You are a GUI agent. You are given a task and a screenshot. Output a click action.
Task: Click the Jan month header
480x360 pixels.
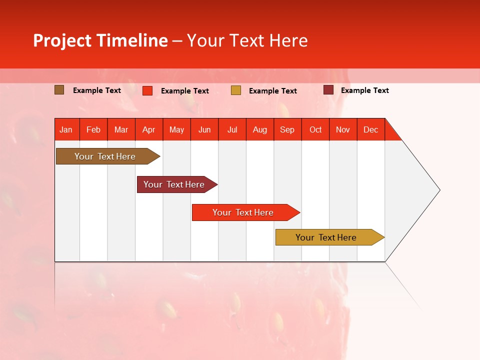[66, 129]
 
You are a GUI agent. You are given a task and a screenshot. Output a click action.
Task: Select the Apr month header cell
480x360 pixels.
[149, 129]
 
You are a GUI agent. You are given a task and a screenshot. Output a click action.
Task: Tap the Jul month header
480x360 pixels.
[232, 129]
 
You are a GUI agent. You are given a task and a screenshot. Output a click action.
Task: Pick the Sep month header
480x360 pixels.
[287, 129]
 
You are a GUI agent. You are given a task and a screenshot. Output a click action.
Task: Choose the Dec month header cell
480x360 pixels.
[370, 129]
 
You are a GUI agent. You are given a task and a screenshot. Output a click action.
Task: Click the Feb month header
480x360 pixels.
[93, 129]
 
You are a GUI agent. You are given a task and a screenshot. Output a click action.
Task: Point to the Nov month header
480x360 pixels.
[343, 129]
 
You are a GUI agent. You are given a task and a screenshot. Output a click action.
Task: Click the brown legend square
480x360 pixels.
[59, 90]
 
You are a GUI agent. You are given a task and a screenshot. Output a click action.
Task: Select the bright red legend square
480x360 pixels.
[147, 90]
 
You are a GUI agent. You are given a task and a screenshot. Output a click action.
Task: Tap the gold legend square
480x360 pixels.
[236, 90]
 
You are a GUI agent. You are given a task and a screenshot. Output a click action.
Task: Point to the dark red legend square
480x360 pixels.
[328, 90]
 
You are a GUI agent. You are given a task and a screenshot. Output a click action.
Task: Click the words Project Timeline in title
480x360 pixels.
[100, 40]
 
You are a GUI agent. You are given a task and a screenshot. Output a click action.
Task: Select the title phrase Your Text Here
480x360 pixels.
[247, 40]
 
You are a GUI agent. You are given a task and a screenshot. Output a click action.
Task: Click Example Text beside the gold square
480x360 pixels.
[272, 91]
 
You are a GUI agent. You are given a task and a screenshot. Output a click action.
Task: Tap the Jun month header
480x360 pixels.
[204, 129]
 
